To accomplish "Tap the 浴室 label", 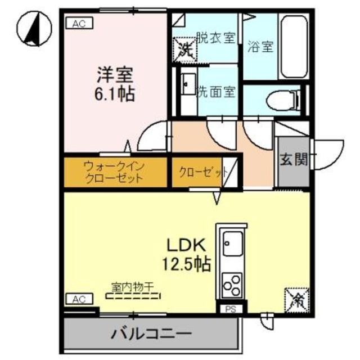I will [260, 47].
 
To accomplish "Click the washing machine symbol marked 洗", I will [185, 47].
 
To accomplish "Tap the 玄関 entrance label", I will [294, 159].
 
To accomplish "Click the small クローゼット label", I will [202, 172].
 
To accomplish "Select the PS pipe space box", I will [229, 308].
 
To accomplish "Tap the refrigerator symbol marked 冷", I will [297, 298].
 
